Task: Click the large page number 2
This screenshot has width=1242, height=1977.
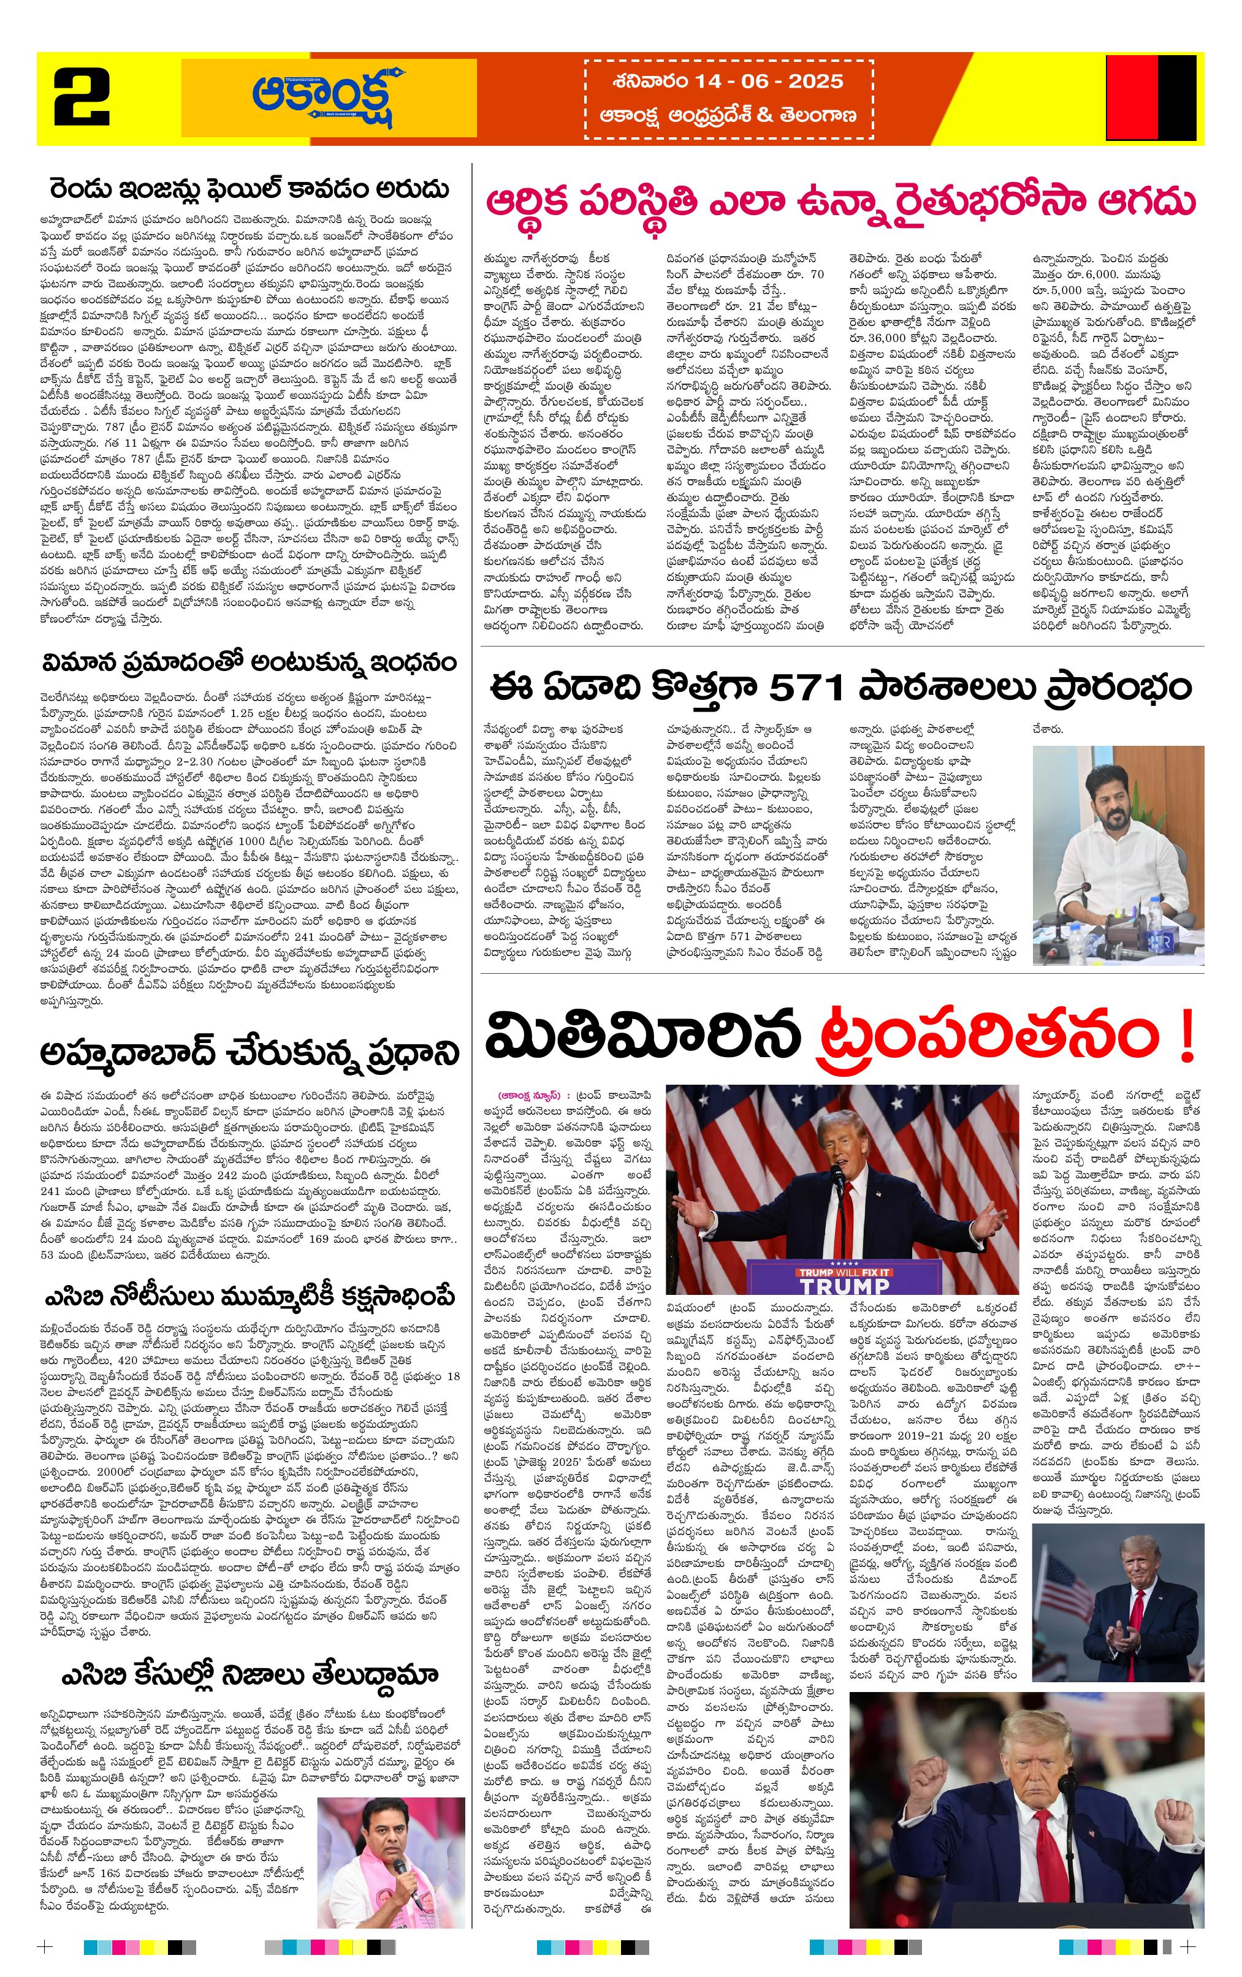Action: [82, 97]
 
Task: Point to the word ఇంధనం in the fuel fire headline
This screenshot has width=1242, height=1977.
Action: [413, 662]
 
